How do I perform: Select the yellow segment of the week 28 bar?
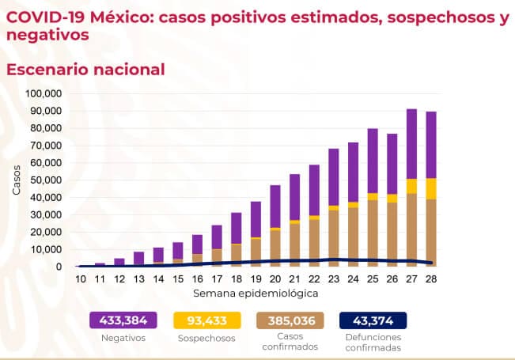pos(431,188)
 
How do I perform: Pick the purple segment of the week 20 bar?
pos(275,206)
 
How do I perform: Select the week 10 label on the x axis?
pos(81,279)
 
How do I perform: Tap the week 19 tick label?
pos(256,279)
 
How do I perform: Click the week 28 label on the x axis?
pos(431,279)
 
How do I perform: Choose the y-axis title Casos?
pos(17,180)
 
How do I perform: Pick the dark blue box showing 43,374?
pos(372,320)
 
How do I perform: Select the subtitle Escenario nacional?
pos(85,69)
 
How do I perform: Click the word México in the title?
pos(121,16)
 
